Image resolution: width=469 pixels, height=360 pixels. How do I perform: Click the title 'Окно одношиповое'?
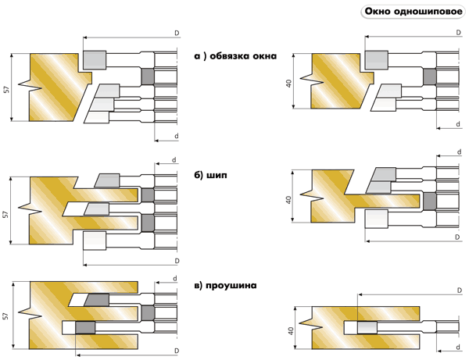coord(411,12)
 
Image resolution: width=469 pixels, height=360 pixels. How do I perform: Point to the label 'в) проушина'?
coord(229,286)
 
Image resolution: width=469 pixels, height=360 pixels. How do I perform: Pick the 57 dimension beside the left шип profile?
coord(6,214)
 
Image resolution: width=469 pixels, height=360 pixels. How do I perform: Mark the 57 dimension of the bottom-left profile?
coord(6,316)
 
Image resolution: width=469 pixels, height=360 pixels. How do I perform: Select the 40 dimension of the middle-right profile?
coord(290,200)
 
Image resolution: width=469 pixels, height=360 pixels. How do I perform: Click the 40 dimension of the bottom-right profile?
coord(290,331)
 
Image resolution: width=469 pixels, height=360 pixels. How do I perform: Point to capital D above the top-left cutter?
coord(177,32)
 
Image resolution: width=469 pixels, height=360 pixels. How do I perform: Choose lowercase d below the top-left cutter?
coord(176,137)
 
